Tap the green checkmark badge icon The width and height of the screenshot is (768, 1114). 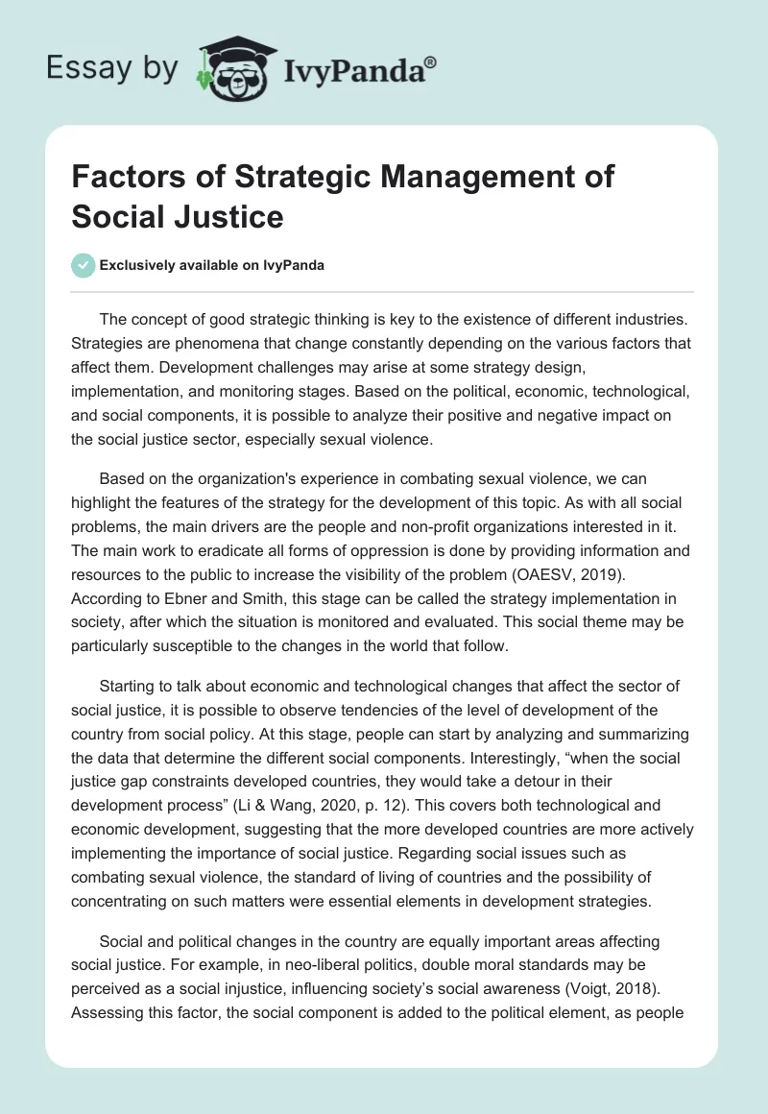(84, 265)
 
